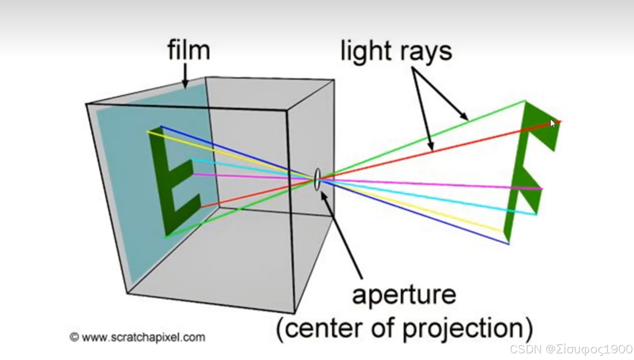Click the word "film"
pyautogui.click(x=189, y=51)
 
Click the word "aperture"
pyautogui.click(x=404, y=295)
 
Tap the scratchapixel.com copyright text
pyautogui.click(x=137, y=337)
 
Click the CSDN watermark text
pyautogui.click(x=571, y=349)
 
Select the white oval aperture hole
pyautogui.click(x=317, y=179)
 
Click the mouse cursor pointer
pyautogui.click(x=553, y=124)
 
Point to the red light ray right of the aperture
pyautogui.click(x=428, y=152)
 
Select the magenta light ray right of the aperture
pyautogui.click(x=428, y=184)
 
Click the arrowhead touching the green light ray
pyautogui.click(x=464, y=116)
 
